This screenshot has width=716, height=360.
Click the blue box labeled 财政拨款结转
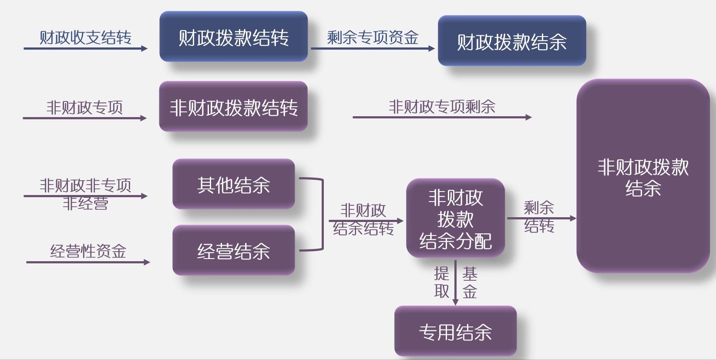[234, 37]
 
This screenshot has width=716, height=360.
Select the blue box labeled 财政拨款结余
[512, 41]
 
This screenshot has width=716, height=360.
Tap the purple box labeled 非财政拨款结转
[234, 107]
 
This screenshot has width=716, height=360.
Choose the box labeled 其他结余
[234, 184]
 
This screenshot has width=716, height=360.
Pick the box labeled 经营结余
[234, 250]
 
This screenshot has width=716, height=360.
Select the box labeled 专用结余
[455, 331]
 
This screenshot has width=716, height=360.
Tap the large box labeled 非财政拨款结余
[643, 176]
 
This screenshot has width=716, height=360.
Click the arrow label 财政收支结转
[85, 37]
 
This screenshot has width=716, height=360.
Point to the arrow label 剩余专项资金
[373, 37]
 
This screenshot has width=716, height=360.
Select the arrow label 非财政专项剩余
[442, 106]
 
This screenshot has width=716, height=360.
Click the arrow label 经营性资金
[88, 251]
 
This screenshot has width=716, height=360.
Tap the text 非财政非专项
[85, 185]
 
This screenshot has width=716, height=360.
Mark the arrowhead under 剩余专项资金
[431, 48]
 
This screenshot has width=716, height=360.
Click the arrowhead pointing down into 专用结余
[455, 302]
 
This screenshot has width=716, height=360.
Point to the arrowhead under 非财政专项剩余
[528, 117]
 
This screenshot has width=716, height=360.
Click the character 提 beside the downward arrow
[441, 274]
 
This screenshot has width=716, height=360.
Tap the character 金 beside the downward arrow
[470, 291]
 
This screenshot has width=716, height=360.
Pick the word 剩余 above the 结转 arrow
[539, 208]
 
